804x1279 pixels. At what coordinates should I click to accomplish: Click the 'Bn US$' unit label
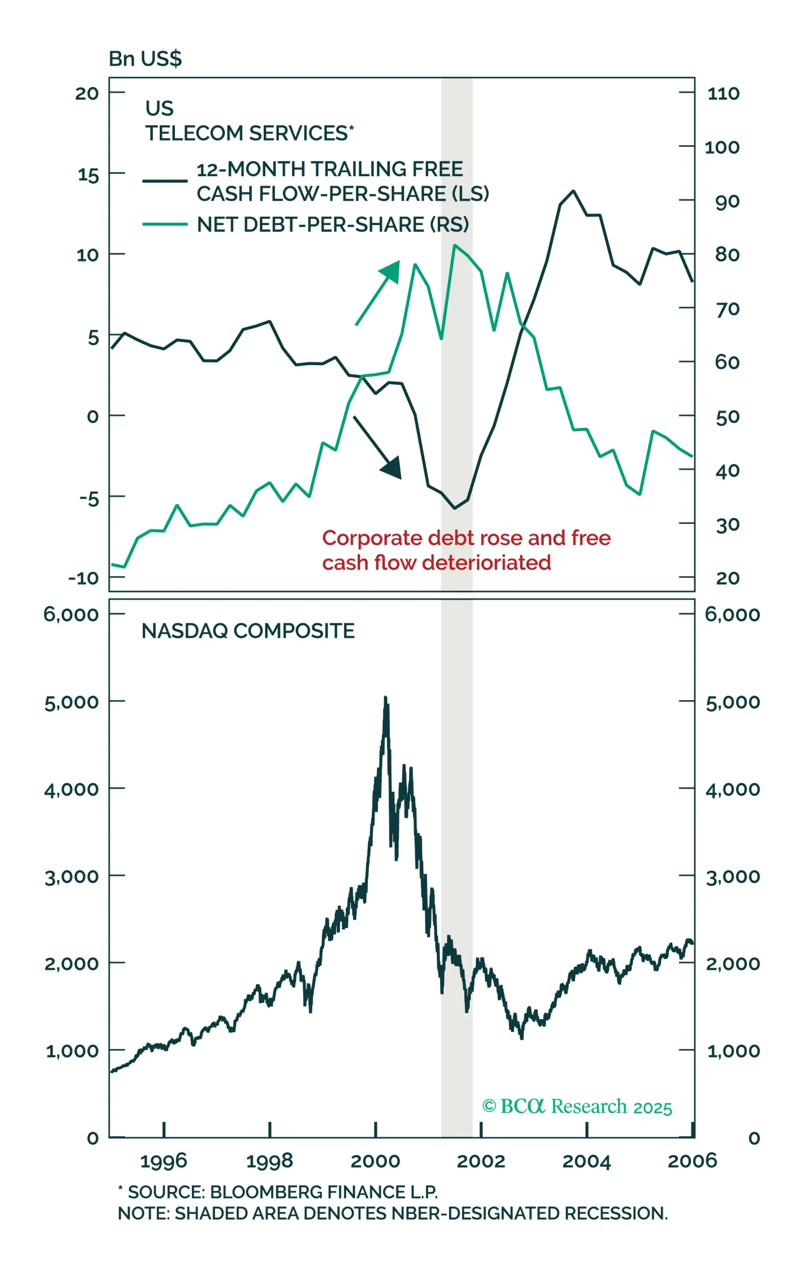[x=145, y=58]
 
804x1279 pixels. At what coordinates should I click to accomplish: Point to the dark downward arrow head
[x=392, y=467]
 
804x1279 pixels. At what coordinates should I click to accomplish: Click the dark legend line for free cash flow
[x=165, y=181]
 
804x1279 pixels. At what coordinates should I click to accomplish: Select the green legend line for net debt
[x=165, y=224]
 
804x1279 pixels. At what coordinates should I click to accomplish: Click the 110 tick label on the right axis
[x=723, y=93]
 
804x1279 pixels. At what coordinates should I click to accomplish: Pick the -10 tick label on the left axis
[x=83, y=578]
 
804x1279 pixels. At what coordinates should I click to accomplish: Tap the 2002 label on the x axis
[x=480, y=1161]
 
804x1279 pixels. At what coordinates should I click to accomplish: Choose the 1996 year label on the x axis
[x=164, y=1161]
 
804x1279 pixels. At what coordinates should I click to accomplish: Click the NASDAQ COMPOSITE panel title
[x=248, y=631]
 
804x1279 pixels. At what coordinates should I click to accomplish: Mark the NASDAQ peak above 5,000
[x=385, y=697]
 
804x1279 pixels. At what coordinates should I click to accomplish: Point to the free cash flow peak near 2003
[x=573, y=191]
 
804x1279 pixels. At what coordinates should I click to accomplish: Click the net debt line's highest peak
[x=455, y=246]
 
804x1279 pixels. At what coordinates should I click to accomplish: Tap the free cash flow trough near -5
[x=455, y=508]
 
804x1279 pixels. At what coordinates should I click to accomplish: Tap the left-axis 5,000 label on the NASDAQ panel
[x=72, y=702]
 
